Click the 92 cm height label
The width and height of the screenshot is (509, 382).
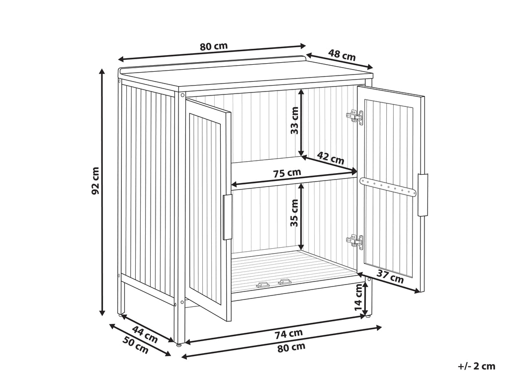tap(95, 181)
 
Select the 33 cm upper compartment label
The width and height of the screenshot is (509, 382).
tap(294, 120)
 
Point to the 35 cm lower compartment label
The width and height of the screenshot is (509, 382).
tap(294, 213)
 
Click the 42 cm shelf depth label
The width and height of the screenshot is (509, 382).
tap(331, 158)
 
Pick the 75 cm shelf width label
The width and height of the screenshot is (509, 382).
tap(287, 173)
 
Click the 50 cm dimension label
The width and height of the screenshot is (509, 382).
tap(136, 345)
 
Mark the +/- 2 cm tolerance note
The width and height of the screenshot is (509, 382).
tap(477, 367)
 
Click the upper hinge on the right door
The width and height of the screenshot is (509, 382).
tap(355, 116)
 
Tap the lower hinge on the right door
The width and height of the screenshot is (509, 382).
tap(355, 241)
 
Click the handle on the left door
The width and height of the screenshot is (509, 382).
tap(227, 217)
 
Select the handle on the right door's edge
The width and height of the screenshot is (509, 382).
tap(423, 195)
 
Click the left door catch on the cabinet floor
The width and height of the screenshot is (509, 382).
tap(263, 285)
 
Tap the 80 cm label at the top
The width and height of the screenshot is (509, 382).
tap(214, 46)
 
